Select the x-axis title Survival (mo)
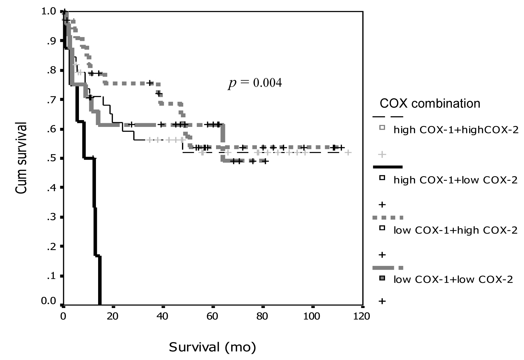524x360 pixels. click(x=212, y=347)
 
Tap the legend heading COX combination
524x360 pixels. click(x=430, y=103)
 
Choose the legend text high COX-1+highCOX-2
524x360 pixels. click(x=456, y=130)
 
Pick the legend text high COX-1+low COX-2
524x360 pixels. click(x=455, y=180)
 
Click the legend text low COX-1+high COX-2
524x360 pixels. click(x=455, y=230)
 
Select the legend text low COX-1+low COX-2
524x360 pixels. click(x=453, y=280)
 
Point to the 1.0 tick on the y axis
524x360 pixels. click(x=49, y=11)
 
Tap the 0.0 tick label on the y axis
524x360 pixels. click(x=49, y=301)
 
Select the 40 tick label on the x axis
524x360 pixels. click(x=162, y=316)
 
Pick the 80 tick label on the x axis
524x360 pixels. click(x=262, y=316)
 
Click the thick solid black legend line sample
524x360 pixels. click(x=388, y=167)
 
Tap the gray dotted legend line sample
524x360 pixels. click(x=388, y=218)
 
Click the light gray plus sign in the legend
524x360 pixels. click(x=383, y=154)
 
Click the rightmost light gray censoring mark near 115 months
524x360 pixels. click(x=348, y=152)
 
